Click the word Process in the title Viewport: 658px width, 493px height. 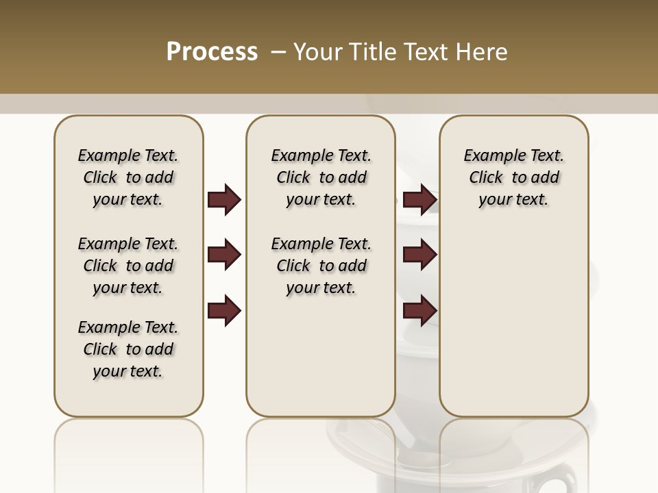pos(212,52)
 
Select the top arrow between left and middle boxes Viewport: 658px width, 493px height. pos(224,199)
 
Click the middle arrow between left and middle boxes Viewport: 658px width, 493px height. pos(224,255)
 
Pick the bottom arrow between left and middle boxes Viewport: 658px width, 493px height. pos(224,311)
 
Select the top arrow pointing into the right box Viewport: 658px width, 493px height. pos(420,199)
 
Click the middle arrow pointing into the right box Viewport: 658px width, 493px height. pos(420,255)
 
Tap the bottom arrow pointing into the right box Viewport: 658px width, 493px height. pos(420,311)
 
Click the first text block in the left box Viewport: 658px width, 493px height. pos(128,177)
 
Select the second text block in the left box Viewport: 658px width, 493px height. pos(128,266)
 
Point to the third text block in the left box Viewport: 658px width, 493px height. pos(128,349)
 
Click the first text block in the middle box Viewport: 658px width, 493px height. pos(321,177)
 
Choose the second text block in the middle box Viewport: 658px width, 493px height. pos(321,266)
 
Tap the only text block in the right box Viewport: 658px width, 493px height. pos(513,177)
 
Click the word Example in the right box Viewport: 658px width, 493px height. pos(492,156)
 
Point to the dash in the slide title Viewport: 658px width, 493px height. pos(279,52)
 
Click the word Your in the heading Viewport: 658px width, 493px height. pos(318,52)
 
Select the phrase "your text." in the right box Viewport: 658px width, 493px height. pos(513,199)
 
